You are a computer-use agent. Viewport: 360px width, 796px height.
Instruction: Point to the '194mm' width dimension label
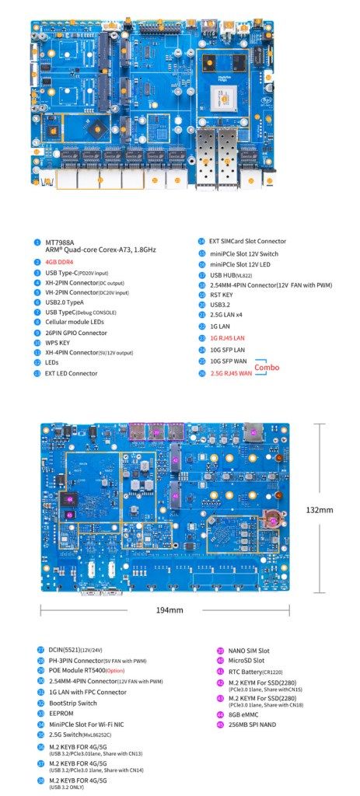click(169, 609)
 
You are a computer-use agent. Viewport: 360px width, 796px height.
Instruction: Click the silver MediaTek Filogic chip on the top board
click(225, 97)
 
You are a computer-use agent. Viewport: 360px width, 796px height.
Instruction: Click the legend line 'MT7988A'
click(61, 242)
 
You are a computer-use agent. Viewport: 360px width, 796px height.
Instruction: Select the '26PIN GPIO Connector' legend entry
click(76, 332)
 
